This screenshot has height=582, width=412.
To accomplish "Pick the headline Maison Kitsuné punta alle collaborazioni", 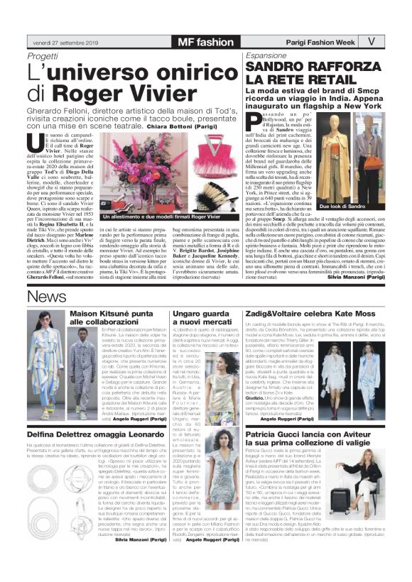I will (x=118, y=318).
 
